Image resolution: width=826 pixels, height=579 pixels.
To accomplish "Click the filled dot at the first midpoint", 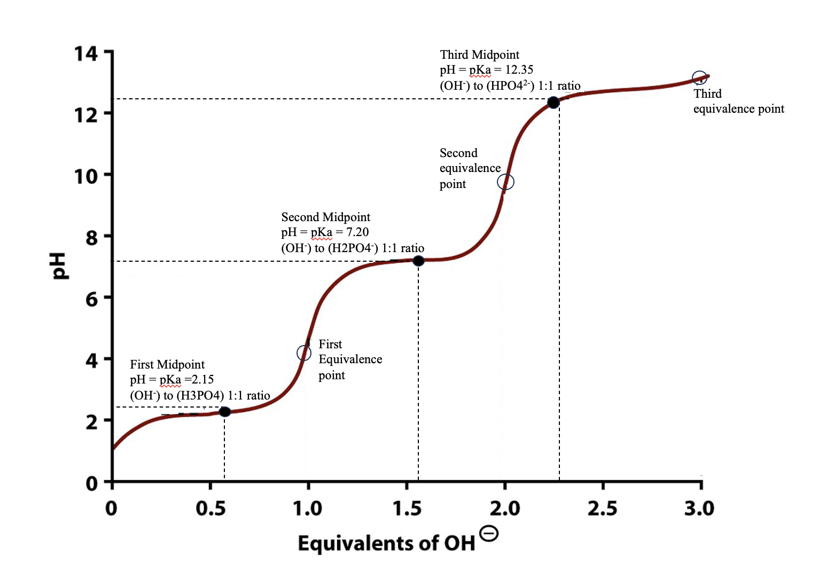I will click(x=225, y=411).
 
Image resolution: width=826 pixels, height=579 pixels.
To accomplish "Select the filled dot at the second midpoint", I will click(x=418, y=261).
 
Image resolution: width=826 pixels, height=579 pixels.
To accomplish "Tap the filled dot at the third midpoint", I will click(x=554, y=102).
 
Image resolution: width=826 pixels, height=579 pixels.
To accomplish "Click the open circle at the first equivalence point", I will click(x=304, y=353).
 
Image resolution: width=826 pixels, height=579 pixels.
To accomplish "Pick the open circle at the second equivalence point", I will click(x=505, y=182).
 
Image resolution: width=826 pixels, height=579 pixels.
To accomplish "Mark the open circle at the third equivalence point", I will click(x=699, y=78).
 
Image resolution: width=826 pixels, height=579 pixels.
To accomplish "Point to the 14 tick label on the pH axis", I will click(x=86, y=54).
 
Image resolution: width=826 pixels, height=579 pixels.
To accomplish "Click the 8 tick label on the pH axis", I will click(x=92, y=238).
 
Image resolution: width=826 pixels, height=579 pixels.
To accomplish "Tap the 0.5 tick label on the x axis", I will click(x=211, y=508).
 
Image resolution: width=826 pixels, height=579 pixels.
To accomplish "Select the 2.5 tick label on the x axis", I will click(x=602, y=508).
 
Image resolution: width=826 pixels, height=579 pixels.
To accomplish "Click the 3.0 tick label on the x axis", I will click(x=699, y=508).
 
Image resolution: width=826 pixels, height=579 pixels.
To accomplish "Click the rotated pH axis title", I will click(x=59, y=266).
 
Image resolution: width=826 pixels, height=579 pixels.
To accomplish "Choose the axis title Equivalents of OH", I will click(x=386, y=543).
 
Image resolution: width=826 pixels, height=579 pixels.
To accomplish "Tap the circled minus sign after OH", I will click(x=489, y=533).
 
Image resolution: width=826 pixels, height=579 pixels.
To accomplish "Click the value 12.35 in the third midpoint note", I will click(x=519, y=70).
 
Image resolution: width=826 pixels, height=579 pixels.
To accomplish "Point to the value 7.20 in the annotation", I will click(x=357, y=232).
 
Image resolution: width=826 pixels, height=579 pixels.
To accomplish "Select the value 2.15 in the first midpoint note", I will click(x=203, y=380).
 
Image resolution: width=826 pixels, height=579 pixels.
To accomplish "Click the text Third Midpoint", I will click(x=479, y=55).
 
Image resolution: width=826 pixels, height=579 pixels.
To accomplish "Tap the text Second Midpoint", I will click(x=325, y=217).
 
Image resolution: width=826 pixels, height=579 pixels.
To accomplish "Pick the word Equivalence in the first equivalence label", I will click(x=350, y=359).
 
